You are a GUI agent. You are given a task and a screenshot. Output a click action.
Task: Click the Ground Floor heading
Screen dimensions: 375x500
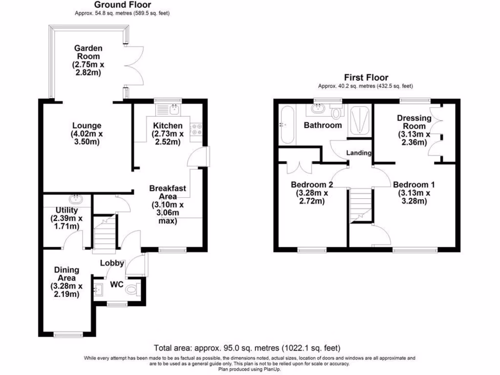coord(122,5)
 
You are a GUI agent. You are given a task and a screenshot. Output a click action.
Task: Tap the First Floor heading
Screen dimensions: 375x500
coord(366,77)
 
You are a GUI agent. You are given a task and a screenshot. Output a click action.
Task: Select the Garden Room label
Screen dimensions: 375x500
coord(88,61)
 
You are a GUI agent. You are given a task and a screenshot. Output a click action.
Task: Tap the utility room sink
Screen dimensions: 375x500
coord(77,200)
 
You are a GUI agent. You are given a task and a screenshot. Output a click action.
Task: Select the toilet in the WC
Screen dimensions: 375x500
coord(132,290)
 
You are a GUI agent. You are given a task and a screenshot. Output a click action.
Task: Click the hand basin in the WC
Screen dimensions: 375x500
coord(98,290)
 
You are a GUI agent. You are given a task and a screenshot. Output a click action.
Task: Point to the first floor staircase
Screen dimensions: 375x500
coord(361,205)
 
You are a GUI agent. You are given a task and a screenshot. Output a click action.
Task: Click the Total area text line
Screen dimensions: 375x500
coord(247,348)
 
